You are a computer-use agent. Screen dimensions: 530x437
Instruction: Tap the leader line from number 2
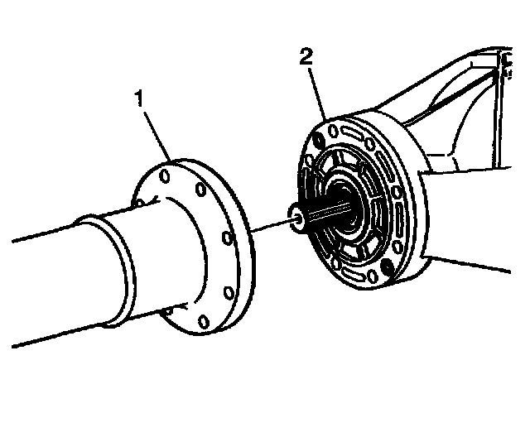click(x=319, y=91)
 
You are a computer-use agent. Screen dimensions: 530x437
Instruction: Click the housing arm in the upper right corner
click(x=464, y=99)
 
